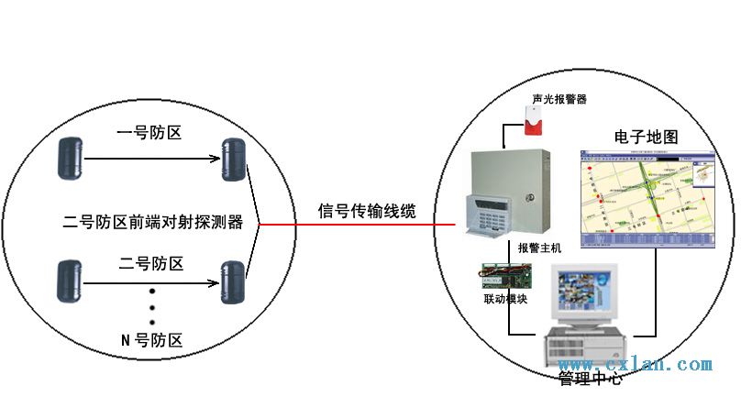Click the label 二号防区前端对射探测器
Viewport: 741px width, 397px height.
coord(152,222)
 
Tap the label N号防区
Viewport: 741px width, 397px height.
coord(151,340)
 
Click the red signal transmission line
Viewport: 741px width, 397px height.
coord(358,225)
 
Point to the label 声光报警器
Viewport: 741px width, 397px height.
coord(559,98)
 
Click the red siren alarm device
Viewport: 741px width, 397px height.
coord(531,122)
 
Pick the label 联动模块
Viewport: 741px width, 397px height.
coord(505,299)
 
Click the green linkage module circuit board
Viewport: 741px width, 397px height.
coord(505,276)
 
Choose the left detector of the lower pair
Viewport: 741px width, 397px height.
coord(70,281)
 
